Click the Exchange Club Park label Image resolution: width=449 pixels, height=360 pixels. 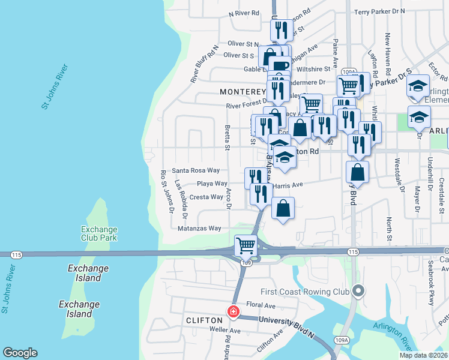point(100,233)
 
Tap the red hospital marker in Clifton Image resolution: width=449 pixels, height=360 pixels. point(234,312)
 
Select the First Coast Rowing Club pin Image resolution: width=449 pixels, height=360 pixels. point(358,292)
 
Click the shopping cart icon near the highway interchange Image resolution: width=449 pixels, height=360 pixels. point(246,245)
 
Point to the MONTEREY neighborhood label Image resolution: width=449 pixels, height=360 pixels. point(242,92)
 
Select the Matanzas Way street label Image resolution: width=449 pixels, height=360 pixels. point(199,229)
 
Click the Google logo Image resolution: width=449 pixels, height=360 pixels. point(20,353)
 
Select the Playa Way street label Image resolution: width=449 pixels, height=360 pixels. point(212,184)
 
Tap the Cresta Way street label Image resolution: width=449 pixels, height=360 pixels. point(206,197)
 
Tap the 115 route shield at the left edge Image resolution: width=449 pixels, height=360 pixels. point(16,255)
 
